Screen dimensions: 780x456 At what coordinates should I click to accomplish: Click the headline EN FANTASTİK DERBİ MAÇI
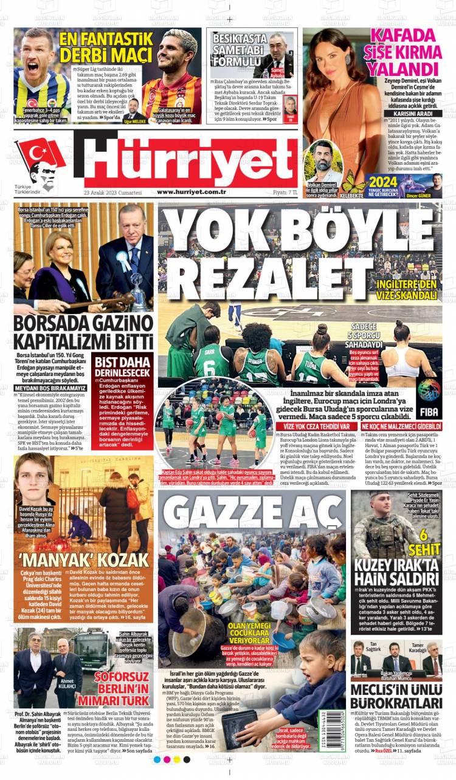point(106,47)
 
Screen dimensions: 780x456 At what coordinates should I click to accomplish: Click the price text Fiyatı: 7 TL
point(285,192)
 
